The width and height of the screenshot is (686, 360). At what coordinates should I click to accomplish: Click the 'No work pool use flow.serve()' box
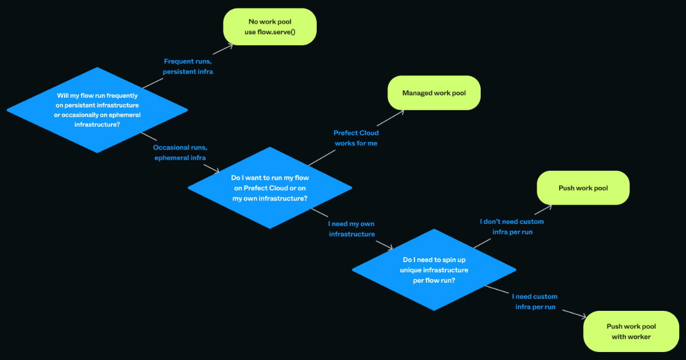pos(270,26)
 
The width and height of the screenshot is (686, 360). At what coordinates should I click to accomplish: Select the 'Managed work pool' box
pos(434,93)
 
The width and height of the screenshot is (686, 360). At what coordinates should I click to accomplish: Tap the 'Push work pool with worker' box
pos(631,331)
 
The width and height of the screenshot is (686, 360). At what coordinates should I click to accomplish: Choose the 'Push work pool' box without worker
pos(583,188)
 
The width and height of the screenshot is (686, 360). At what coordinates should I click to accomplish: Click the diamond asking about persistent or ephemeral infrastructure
pos(97,110)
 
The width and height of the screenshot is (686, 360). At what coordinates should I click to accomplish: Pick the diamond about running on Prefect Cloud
pos(270,187)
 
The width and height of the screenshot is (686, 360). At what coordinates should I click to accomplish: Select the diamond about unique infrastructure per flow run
pos(433,269)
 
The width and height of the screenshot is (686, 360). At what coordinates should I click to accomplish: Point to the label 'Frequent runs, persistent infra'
pos(188,66)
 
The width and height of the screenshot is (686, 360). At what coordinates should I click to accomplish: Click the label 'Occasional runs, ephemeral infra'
pos(180,153)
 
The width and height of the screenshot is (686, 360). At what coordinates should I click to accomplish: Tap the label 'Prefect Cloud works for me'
pos(356,138)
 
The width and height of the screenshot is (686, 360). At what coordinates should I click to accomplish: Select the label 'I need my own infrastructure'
pos(352,229)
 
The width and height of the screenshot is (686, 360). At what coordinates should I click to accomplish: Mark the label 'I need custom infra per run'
pos(535,302)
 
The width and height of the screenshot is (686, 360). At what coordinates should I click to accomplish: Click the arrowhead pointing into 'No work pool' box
pos(231,45)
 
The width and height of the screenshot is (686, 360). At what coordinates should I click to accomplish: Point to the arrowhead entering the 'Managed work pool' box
pos(401,111)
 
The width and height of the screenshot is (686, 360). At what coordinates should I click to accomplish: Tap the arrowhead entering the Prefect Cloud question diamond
pos(217,170)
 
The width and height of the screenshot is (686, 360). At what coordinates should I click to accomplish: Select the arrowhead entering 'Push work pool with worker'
pos(584,317)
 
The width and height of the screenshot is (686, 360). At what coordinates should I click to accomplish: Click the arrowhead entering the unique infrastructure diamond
pos(390,248)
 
